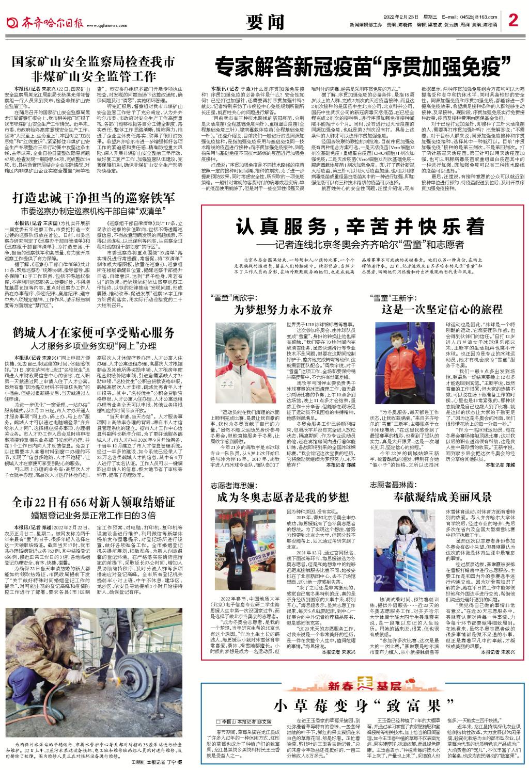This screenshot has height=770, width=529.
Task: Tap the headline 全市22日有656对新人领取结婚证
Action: click(x=94, y=501)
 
